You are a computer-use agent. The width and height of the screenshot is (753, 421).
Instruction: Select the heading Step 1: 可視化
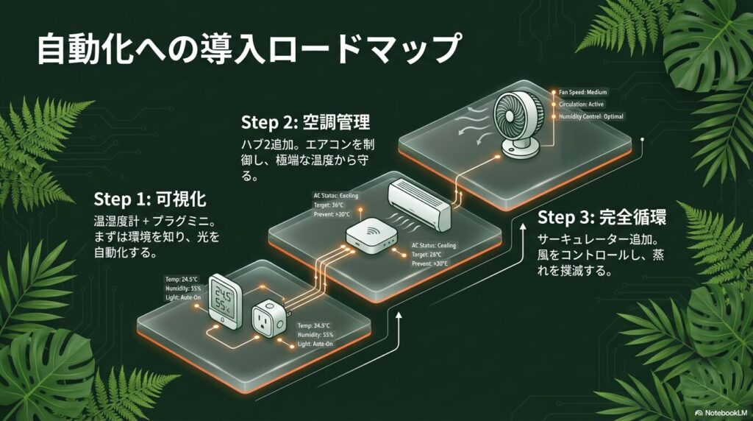click(151, 199)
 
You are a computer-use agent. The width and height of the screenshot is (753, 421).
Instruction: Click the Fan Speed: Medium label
click(584, 92)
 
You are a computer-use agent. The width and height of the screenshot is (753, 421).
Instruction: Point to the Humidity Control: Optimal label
click(591, 117)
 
